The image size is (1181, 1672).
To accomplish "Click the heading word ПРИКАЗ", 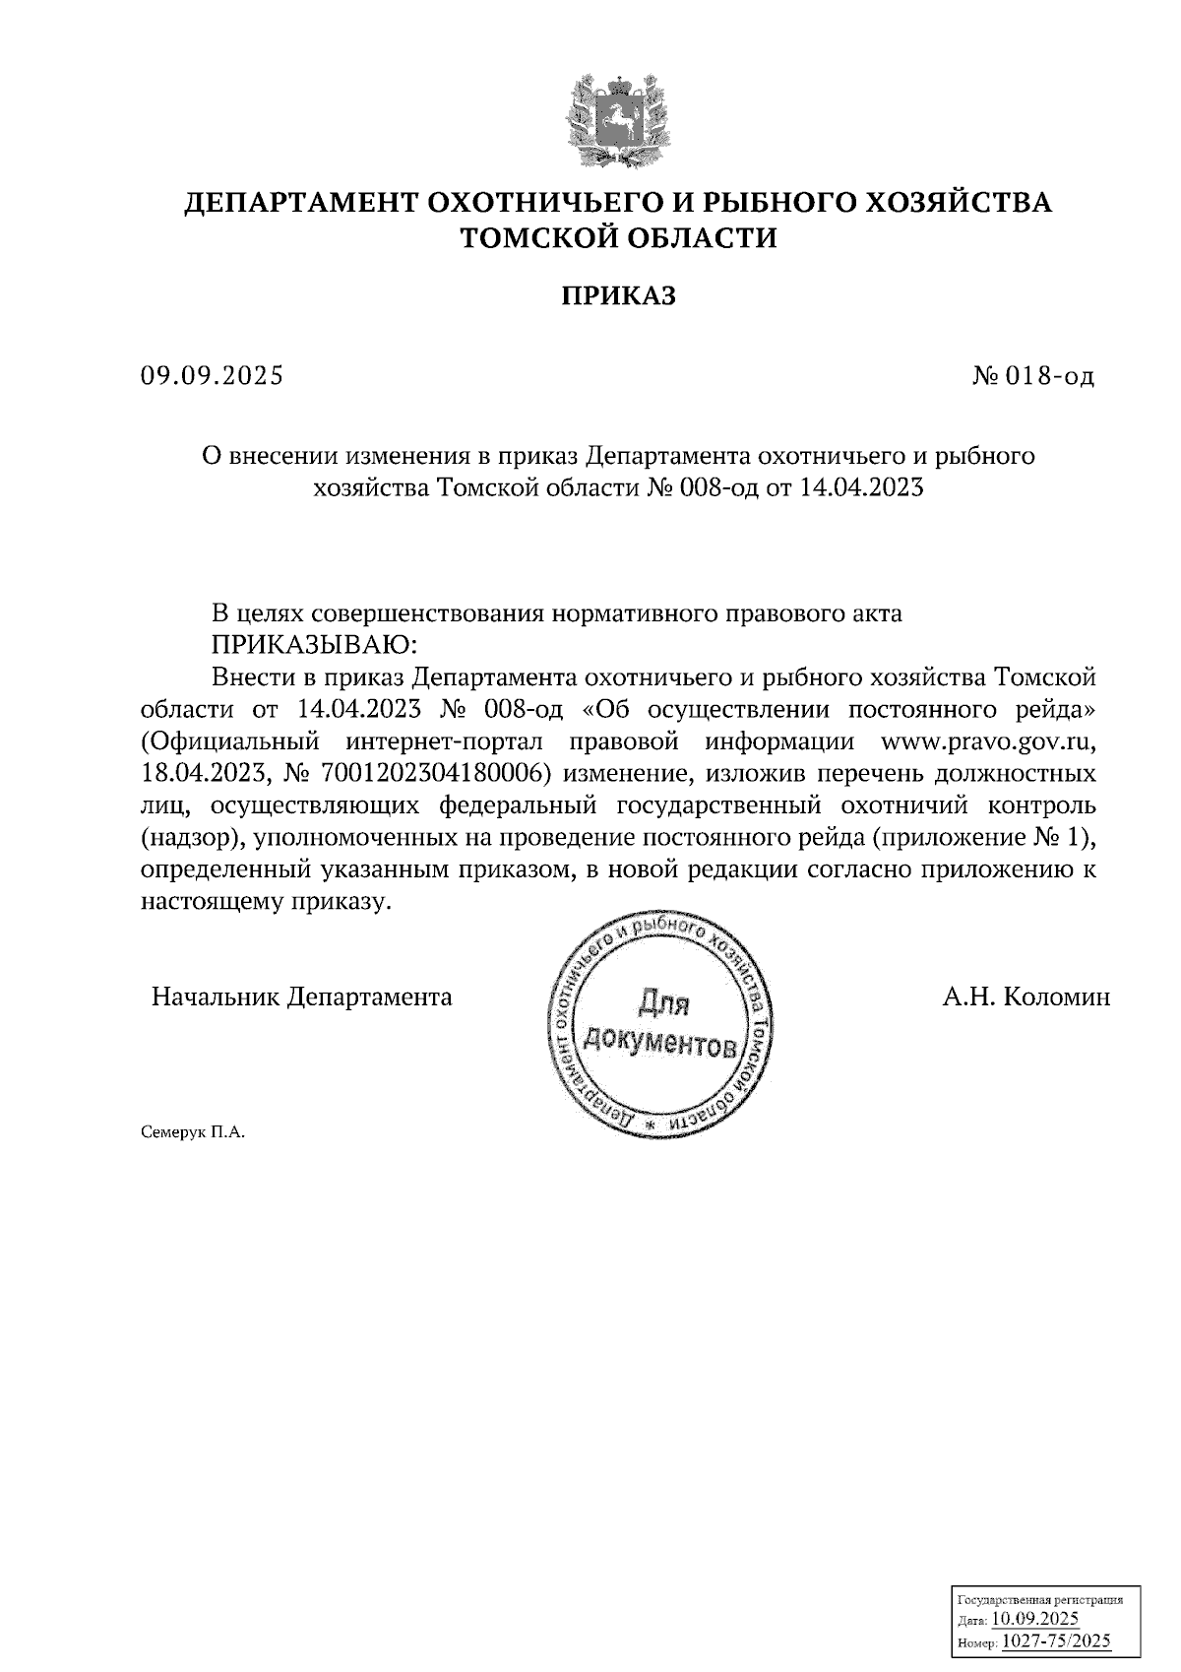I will click(619, 295).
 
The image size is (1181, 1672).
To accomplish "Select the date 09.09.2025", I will click(212, 375).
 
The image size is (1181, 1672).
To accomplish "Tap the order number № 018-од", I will click(1032, 375).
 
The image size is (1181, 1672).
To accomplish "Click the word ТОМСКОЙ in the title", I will click(533, 238).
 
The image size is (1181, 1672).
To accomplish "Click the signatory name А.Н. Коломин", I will click(1026, 997).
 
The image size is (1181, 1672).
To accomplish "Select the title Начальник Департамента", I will click(301, 997).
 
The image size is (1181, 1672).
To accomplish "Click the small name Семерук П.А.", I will click(192, 1132).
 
